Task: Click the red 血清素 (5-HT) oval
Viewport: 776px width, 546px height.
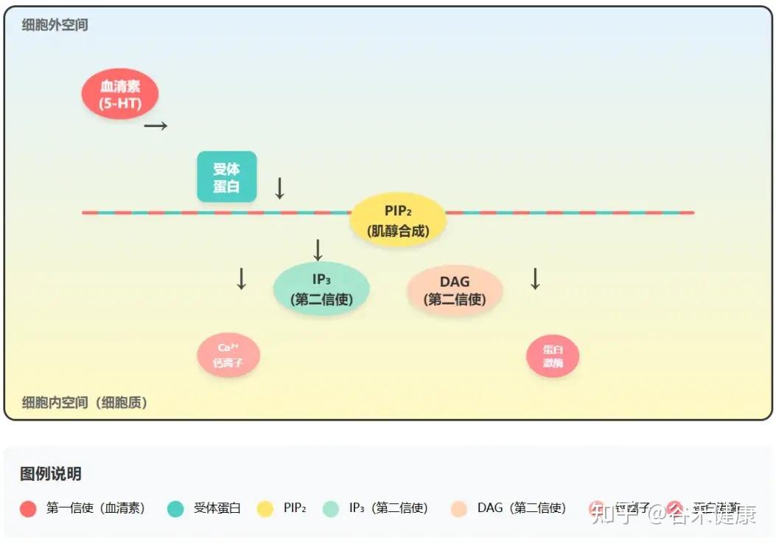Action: point(120,94)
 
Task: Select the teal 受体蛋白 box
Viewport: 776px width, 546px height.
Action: point(227,177)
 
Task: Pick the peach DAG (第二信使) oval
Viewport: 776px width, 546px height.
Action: point(455,290)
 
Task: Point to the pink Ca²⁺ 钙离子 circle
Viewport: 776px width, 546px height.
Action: point(228,356)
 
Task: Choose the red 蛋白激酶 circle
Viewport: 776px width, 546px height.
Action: point(553,357)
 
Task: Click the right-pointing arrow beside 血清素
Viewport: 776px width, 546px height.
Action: point(155,126)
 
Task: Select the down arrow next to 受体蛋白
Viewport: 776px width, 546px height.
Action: point(279,188)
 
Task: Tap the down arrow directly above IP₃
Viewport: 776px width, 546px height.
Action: point(318,251)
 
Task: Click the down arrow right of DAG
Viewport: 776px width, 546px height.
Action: point(536,278)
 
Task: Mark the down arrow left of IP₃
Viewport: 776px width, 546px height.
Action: point(241,278)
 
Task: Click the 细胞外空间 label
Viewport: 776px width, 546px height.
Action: point(55,25)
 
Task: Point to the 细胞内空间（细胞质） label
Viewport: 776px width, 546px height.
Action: point(85,403)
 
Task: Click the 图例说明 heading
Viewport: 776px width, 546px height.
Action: point(51,474)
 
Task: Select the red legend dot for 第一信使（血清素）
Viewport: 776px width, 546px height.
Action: point(29,508)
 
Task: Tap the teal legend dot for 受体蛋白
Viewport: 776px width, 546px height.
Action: point(175,508)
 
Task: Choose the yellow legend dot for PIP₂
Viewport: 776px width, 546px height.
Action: point(265,508)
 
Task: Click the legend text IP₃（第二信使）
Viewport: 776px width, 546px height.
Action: point(388,508)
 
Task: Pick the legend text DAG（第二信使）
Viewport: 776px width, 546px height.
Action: point(522,508)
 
